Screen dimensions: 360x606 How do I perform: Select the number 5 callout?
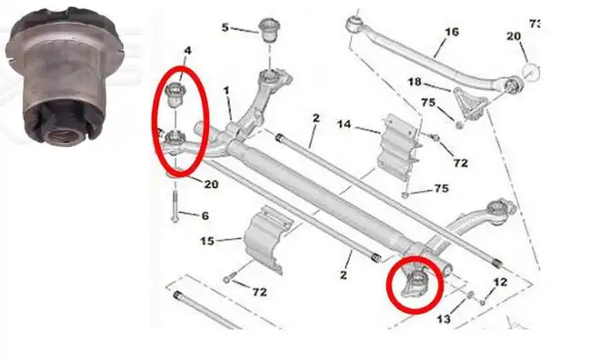(x=225, y=27)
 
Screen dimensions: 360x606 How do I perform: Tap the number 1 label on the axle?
(x=226, y=91)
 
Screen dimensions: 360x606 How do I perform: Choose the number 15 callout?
(x=207, y=242)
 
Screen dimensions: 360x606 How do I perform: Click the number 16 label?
(x=452, y=32)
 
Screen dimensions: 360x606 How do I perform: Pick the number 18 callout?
(x=414, y=81)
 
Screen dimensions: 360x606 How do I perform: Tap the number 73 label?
(x=535, y=23)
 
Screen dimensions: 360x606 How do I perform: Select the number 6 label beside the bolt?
(x=206, y=215)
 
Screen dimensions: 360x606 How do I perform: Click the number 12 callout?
(x=500, y=282)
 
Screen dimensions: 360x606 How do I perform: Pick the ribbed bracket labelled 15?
(x=263, y=239)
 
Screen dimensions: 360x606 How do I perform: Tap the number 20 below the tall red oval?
(x=211, y=184)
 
